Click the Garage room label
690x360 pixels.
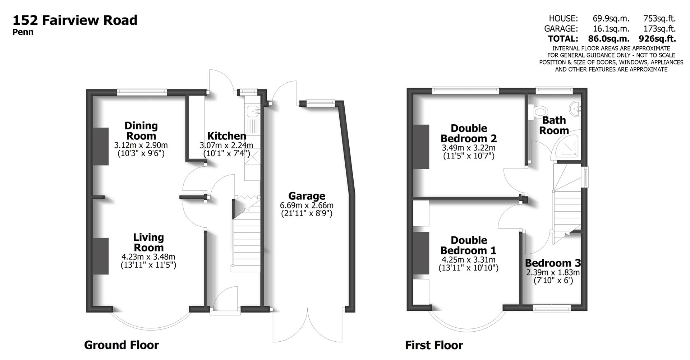(x=307, y=196)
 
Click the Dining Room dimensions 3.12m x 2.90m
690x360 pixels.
(x=141, y=146)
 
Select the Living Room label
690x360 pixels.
(x=148, y=243)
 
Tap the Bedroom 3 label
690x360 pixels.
(x=553, y=263)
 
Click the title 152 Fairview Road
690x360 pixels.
(x=75, y=20)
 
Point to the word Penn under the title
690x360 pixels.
(x=23, y=32)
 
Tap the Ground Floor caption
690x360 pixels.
(x=121, y=345)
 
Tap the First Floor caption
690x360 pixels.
(x=434, y=345)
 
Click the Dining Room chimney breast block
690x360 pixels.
(x=101, y=146)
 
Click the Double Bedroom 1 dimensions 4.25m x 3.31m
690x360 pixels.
(x=468, y=260)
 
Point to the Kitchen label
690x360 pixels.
(x=227, y=136)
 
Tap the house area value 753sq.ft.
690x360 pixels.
(x=659, y=18)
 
